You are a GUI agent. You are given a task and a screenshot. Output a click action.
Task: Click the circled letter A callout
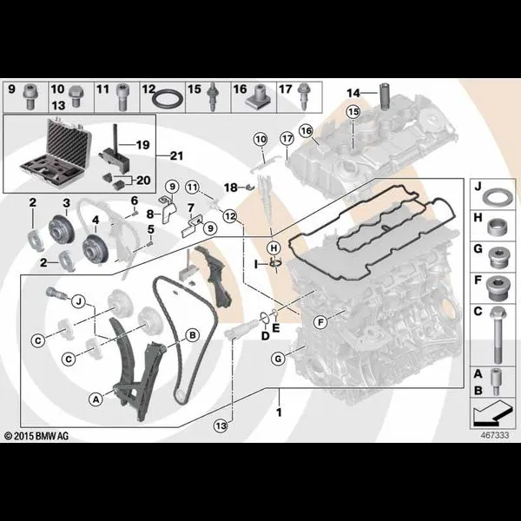pos(96,399)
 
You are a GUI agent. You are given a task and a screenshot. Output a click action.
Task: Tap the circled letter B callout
pos(193,335)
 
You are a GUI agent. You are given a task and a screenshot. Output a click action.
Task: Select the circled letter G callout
pos(278,359)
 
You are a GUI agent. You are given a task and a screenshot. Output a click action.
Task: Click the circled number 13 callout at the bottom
pos(221,425)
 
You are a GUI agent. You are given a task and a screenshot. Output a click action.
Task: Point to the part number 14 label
pos(353,93)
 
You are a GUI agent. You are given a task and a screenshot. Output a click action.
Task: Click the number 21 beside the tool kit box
pos(176,155)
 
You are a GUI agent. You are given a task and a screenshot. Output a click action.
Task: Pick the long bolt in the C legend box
pos(497,335)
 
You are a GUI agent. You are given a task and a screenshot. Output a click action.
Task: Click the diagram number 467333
pos(495,435)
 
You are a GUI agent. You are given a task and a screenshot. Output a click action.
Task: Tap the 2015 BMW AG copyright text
pos(36,436)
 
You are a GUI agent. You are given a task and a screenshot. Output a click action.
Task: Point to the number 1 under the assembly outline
pos(279,412)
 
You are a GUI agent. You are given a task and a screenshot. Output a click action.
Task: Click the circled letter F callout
pos(320,322)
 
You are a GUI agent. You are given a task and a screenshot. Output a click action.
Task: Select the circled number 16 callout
pos(306,130)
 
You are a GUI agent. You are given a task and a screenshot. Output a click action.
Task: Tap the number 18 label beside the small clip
pos(231,188)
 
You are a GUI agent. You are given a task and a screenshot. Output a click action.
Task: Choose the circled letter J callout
pos(79,301)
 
